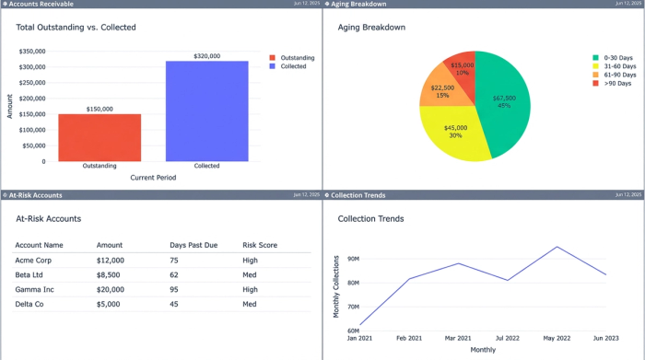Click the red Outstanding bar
pyautogui.click(x=100, y=138)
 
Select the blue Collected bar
pyautogui.click(x=206, y=110)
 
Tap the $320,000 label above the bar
pyautogui.click(x=206, y=56)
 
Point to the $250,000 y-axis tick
pyautogui.click(x=32, y=82)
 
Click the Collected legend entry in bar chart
pyautogui.click(x=292, y=66)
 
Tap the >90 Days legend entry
pyautogui.click(x=616, y=84)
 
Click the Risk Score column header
pyautogui.click(x=260, y=246)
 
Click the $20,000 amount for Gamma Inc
pyautogui.click(x=110, y=289)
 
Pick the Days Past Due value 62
pyautogui.click(x=175, y=274)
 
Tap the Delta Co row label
pyautogui.click(x=32, y=303)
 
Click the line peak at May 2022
pyautogui.click(x=557, y=247)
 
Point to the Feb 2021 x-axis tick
pyautogui.click(x=409, y=339)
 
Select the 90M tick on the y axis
pyautogui.click(x=352, y=259)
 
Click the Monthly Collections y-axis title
pyautogui.click(x=335, y=286)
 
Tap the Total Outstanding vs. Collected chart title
pyautogui.click(x=76, y=28)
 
